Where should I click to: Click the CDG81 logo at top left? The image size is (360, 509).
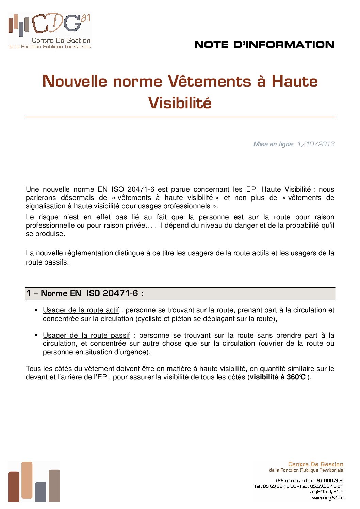pyautogui.click(x=49, y=31)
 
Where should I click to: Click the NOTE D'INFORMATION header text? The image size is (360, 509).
pyautogui.click(x=264, y=45)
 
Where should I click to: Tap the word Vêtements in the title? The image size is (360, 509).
pyautogui.click(x=210, y=81)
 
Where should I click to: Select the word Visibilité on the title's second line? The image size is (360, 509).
pyautogui.click(x=180, y=103)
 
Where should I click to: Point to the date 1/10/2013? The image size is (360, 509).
pyautogui.click(x=316, y=144)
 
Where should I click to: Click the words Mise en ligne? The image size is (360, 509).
pyautogui.click(x=273, y=144)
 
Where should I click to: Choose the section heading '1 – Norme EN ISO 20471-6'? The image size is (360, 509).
pyautogui.click(x=84, y=293)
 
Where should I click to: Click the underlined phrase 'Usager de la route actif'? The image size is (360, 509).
pyautogui.click(x=81, y=310)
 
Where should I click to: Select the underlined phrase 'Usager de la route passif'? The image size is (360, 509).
pyautogui.click(x=86, y=335)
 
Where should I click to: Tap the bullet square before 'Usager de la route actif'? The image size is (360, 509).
pyautogui.click(x=36, y=310)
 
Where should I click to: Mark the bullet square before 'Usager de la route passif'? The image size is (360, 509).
pyautogui.click(x=36, y=335)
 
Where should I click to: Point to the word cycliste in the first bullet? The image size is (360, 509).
pyautogui.click(x=151, y=319)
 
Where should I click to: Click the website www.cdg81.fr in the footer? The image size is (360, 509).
pyautogui.click(x=326, y=498)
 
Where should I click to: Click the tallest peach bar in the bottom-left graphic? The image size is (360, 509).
pyautogui.click(x=27, y=480)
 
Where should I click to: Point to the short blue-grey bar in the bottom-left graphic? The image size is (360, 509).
pyautogui.click(x=40, y=492)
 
